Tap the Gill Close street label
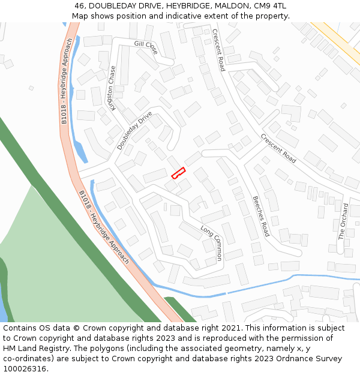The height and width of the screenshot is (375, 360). coord(146,48)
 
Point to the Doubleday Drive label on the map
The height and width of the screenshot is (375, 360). coord(134,130)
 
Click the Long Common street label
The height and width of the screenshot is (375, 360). coord(211,243)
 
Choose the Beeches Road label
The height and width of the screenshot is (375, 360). coord(260,216)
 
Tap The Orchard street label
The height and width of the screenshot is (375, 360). coord(343,221)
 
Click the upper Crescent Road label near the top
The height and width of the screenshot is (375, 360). coord(218,50)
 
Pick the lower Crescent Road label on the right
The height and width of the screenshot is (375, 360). coord(278,148)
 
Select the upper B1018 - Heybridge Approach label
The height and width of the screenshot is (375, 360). coord(67,81)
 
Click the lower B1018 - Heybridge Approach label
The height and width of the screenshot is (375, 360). coord(104,227)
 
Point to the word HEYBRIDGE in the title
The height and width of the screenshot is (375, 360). coord(186,6)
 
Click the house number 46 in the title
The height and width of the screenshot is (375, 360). coord(80,6)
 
